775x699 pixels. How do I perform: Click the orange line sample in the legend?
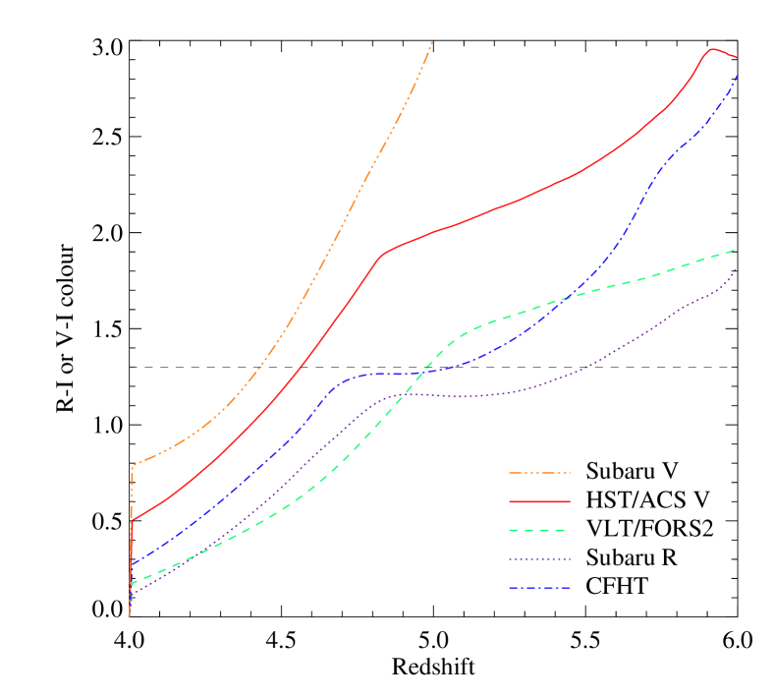(x=539, y=473)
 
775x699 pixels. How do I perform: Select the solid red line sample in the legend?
(x=539, y=501)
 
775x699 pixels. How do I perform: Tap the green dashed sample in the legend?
(x=539, y=530)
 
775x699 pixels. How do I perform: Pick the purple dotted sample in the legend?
(x=539, y=559)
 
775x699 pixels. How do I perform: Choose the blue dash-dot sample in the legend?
(x=539, y=588)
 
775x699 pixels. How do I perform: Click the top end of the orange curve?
(x=431, y=42)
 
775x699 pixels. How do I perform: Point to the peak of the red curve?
(x=713, y=49)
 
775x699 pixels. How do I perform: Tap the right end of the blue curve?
(x=737, y=76)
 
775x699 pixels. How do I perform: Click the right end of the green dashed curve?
(x=735, y=250)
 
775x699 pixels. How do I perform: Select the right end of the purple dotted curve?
(x=735, y=268)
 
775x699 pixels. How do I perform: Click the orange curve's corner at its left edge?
(x=133, y=465)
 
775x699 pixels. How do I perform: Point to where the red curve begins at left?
(x=132, y=519)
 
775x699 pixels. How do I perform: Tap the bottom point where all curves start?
(x=129, y=616)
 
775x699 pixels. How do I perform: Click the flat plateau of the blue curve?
(x=383, y=374)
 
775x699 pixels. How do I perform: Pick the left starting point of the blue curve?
(x=132, y=565)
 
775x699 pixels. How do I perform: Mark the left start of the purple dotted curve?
(x=132, y=594)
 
